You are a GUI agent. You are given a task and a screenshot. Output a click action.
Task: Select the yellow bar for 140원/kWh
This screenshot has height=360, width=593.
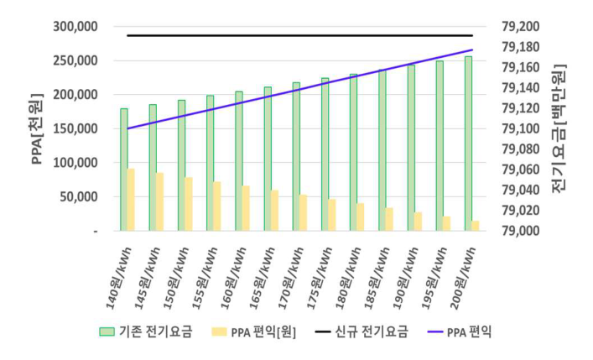(x=132, y=200)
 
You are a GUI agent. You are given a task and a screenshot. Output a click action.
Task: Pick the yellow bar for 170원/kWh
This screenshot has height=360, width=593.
(x=303, y=212)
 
